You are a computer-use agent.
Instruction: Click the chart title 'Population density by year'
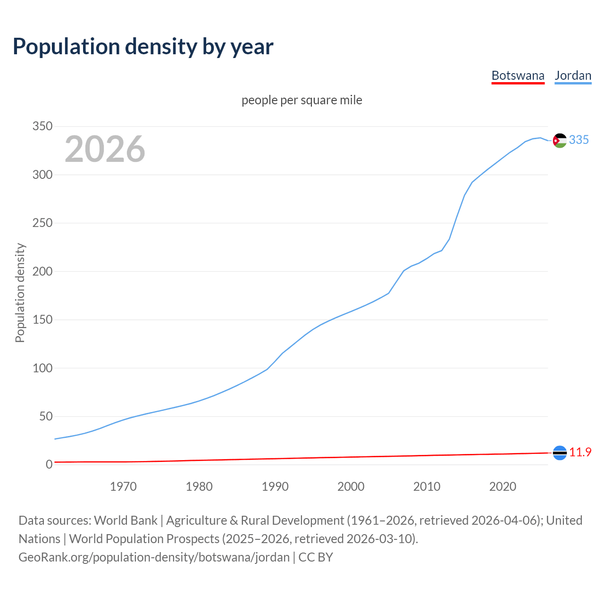[143, 46]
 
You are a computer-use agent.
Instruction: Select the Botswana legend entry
[518, 75]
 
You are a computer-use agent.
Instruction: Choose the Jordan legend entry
[573, 75]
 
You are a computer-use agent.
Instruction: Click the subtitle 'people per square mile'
[302, 100]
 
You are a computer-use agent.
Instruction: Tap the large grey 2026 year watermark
[105, 149]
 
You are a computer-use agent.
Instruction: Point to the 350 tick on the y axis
[42, 126]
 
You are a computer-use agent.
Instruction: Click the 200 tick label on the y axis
[42, 271]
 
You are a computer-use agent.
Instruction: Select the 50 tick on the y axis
[45, 416]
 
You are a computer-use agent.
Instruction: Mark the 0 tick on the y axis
[49, 465]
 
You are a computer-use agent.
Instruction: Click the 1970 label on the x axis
[123, 487]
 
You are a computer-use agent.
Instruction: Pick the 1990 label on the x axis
[275, 487]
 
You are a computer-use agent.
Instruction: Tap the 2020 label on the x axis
[503, 487]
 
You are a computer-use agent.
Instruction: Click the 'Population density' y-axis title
[20, 293]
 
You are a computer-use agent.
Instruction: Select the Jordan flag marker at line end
[560, 141]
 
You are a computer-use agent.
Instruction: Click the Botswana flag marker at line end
[560, 453]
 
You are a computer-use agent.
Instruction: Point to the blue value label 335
[579, 140]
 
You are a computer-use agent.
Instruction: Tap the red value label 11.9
[580, 452]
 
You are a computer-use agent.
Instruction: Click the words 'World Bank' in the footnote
[126, 520]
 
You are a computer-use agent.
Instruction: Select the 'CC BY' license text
[316, 557]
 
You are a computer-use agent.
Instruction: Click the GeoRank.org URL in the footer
[154, 557]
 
